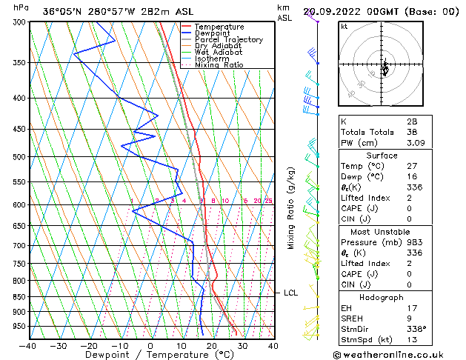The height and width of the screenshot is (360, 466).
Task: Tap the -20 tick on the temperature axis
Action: coord(89,345)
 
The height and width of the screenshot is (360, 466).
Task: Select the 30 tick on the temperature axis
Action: coord(242,345)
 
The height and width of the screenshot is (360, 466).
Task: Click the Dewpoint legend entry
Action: coord(213,33)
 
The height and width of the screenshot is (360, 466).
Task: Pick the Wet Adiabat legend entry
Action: coord(218,53)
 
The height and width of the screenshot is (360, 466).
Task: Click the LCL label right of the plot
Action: coord(291,293)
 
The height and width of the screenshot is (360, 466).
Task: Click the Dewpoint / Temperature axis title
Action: coord(150,355)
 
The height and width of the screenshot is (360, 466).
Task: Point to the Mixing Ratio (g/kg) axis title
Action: coord(291,208)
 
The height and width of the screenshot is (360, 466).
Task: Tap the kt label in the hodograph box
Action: coord(344,27)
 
